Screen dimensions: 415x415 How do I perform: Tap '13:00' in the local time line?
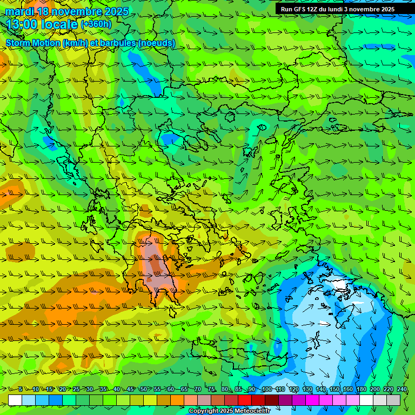(x=22, y=25)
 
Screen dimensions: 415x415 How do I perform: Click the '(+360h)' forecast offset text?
(x=96, y=24)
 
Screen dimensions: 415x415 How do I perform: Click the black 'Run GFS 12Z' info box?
(x=345, y=9)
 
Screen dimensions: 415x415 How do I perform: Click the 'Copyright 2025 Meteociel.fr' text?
(x=229, y=411)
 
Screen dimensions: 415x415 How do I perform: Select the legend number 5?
(x=20, y=390)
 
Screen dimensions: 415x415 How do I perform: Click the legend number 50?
(x=143, y=390)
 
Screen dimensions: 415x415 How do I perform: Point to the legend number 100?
(x=266, y=390)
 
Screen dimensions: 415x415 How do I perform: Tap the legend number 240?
(x=401, y=390)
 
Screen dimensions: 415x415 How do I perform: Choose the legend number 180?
(x=361, y=390)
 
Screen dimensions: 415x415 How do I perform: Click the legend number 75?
(x=211, y=390)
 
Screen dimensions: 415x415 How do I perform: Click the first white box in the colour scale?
(x=15, y=400)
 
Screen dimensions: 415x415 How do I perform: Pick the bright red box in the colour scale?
(x=245, y=400)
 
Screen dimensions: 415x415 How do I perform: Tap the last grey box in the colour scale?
(x=393, y=400)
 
